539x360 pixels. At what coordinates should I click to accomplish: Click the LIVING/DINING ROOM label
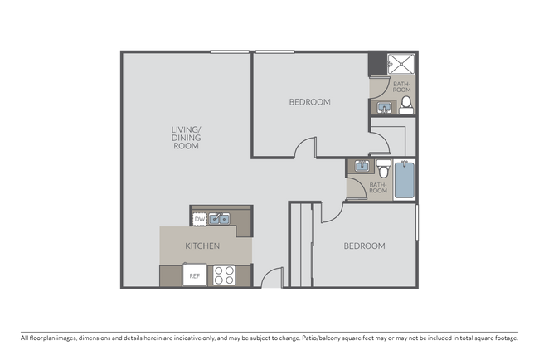[x=186, y=137]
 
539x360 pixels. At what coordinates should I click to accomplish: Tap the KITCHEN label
[x=202, y=246]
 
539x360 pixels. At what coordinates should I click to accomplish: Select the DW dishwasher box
[x=200, y=219]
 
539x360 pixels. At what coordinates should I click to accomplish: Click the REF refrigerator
[x=195, y=275]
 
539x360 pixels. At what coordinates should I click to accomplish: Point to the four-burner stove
[x=225, y=275]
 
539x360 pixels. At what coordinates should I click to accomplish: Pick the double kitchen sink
[x=220, y=219]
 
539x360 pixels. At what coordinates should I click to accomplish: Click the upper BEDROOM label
[x=309, y=103]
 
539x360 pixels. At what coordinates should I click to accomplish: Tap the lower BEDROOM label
[x=364, y=246]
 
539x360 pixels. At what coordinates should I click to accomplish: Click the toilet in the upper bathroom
[x=405, y=105]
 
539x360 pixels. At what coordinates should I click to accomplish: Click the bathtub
[x=404, y=180]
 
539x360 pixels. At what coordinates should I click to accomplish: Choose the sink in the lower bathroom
[x=362, y=167]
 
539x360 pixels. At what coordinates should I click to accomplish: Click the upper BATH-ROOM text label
[x=401, y=87]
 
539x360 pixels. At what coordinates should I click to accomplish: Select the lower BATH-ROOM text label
[x=378, y=187]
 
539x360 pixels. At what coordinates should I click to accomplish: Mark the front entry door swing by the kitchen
[x=272, y=280]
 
